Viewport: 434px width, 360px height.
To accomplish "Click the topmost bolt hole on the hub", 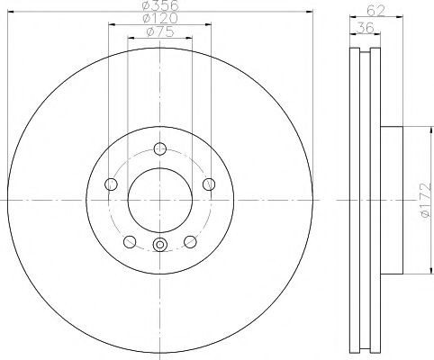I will point(160,149).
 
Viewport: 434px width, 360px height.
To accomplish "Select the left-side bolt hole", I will point(112,184).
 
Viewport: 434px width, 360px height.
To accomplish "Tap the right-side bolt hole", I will point(209,184).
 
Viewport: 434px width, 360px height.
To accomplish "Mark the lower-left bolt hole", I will point(130,241).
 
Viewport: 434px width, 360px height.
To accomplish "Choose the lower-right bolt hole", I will point(190,241).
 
